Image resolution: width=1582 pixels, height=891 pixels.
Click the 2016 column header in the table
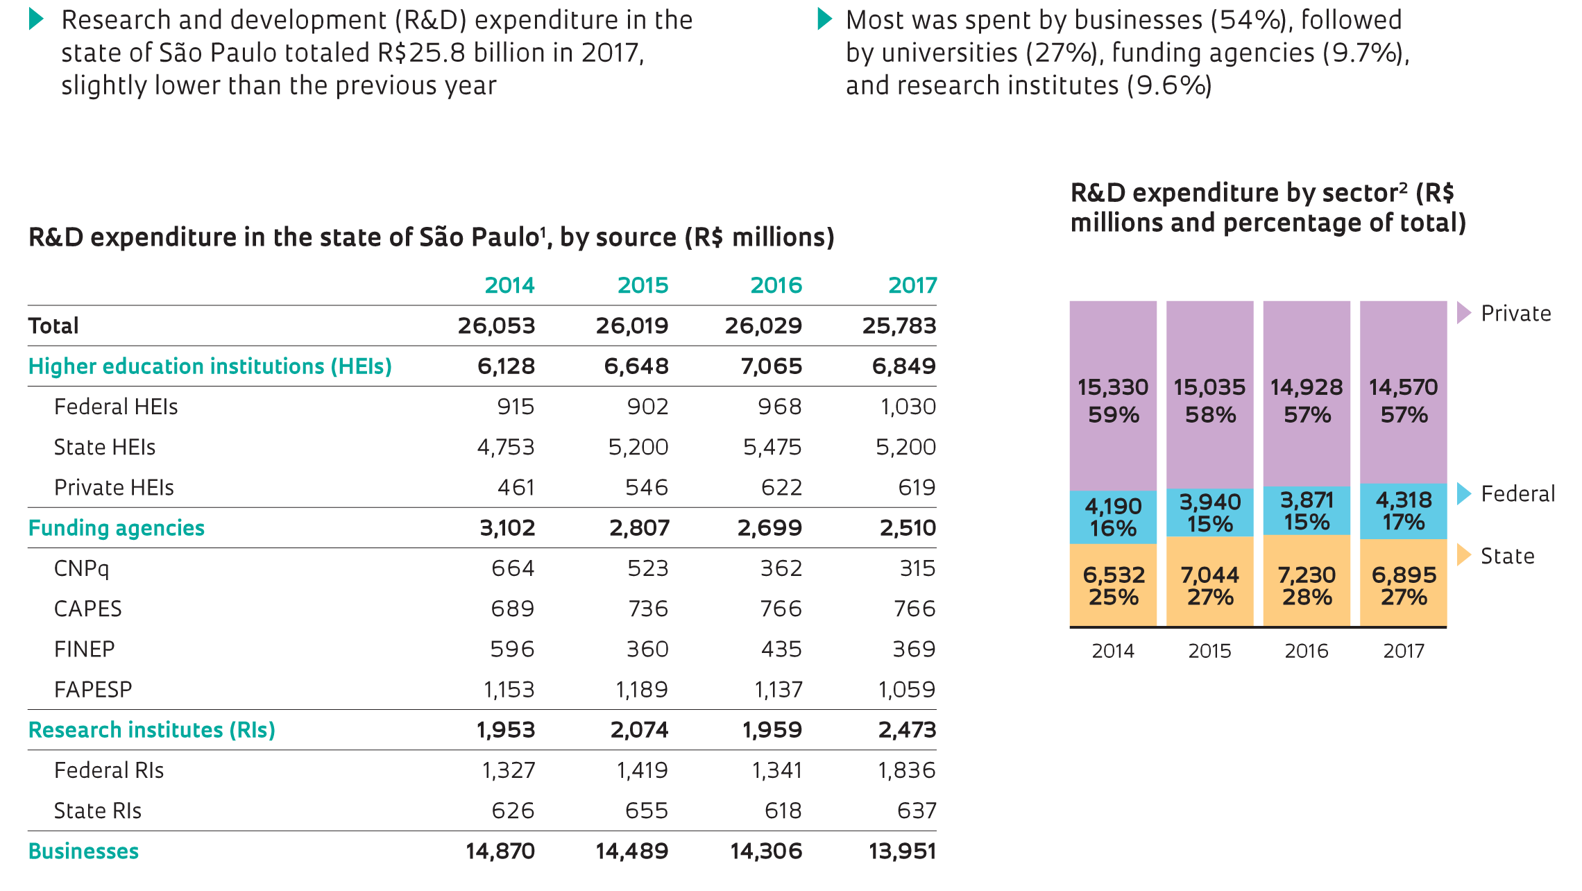(776, 285)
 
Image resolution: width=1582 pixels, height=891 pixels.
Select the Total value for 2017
(899, 325)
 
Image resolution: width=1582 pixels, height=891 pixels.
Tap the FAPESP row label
(93, 690)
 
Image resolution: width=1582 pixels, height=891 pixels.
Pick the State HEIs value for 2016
(772, 447)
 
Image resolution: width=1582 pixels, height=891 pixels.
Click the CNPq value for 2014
(513, 568)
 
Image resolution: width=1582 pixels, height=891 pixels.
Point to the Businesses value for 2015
(631, 851)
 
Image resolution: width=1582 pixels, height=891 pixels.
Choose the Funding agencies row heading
(117, 528)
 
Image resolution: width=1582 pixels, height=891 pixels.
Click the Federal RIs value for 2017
(906, 770)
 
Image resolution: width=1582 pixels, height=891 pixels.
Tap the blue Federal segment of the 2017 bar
(1403, 511)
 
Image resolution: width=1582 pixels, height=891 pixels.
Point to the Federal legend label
(1517, 494)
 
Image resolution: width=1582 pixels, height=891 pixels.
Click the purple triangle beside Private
(1463, 313)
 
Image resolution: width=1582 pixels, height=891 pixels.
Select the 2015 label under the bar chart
(1209, 651)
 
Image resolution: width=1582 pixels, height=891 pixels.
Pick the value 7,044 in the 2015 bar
(1210, 575)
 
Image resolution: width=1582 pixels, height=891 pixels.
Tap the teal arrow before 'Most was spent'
(824, 19)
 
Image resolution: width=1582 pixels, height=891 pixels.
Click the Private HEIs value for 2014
(516, 488)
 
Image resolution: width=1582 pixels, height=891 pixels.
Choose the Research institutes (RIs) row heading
(152, 730)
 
